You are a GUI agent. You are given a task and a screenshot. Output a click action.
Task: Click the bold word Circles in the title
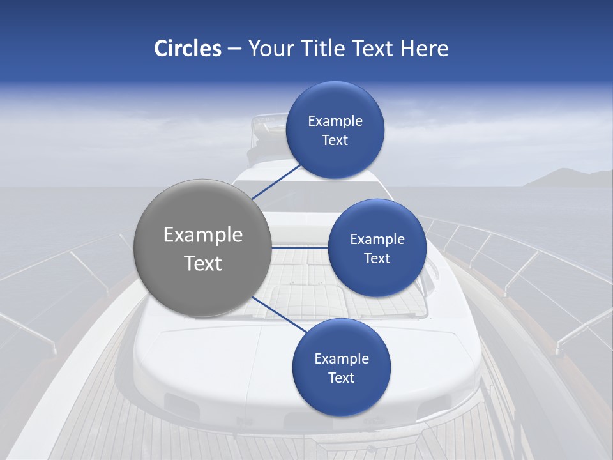187,49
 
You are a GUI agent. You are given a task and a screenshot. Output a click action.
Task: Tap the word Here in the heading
424,49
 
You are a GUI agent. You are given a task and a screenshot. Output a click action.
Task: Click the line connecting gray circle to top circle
276,181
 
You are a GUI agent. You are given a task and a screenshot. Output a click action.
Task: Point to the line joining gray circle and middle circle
300,247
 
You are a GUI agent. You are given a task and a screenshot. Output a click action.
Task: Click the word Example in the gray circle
202,235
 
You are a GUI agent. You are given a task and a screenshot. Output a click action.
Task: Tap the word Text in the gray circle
202,263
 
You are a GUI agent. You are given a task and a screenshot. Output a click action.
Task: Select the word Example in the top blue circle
335,121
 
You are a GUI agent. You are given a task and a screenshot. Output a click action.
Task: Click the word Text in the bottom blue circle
341,378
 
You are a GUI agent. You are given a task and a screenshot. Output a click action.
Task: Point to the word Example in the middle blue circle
377,240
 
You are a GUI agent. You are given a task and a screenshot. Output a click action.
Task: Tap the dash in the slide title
234,49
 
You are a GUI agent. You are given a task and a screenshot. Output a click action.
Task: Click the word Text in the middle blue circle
377,258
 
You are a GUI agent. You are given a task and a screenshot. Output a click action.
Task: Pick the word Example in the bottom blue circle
341,359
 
